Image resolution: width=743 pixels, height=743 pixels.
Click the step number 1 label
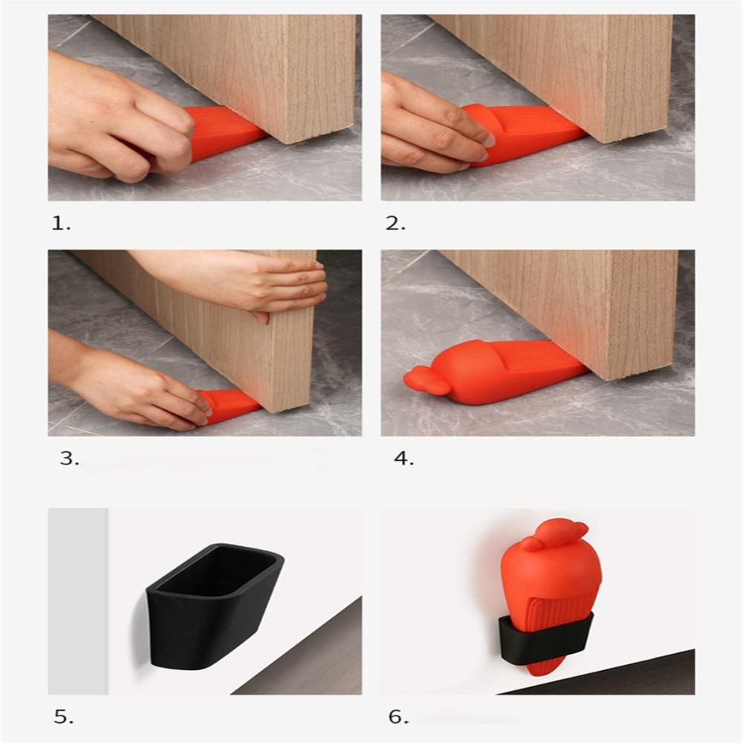tap(61, 223)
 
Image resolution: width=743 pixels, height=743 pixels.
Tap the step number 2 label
tap(395, 223)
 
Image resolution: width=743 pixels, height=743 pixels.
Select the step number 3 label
tap(70, 458)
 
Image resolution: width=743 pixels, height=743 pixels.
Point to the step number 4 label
tap(403, 458)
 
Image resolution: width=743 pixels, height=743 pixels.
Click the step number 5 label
tap(63, 717)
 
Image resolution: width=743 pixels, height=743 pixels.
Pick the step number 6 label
tap(398, 717)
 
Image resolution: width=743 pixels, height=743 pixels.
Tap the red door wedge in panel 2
tap(524, 133)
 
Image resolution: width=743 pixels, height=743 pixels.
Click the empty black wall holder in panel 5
tap(213, 606)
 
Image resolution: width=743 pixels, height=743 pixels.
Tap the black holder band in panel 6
tap(545, 637)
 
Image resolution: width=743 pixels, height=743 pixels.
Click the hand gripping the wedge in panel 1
tap(118, 118)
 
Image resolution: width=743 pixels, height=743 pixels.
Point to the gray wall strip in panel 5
tap(78, 601)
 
